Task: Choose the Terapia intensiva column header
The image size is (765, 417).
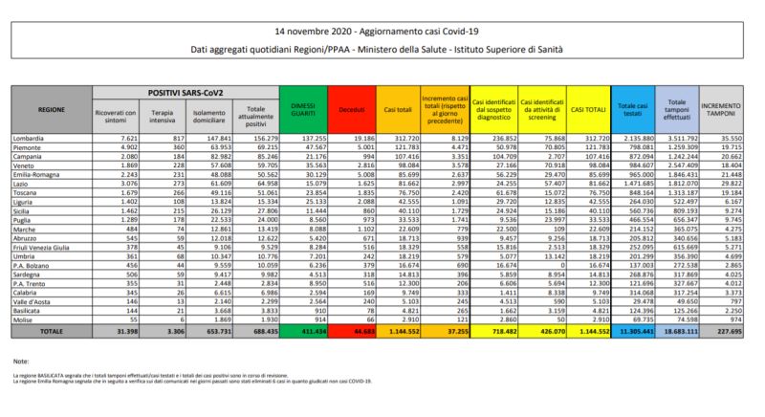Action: (164, 115)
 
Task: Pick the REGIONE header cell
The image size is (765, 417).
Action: (51, 110)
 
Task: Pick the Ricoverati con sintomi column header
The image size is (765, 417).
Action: (115, 115)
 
